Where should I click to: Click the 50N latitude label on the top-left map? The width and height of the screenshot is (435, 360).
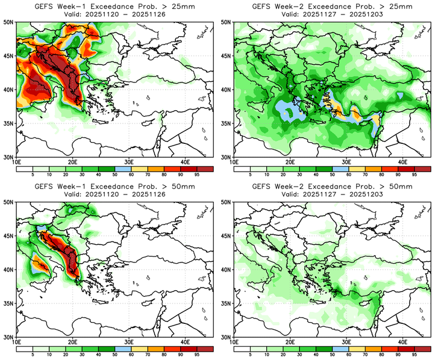pyautogui.click(x=10, y=22)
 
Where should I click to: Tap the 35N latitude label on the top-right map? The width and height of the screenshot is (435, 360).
pyautogui.click(x=227, y=123)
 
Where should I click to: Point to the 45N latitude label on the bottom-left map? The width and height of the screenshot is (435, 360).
pyautogui.click(x=10, y=237)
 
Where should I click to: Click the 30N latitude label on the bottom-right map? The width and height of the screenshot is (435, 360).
pyautogui.click(x=227, y=337)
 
